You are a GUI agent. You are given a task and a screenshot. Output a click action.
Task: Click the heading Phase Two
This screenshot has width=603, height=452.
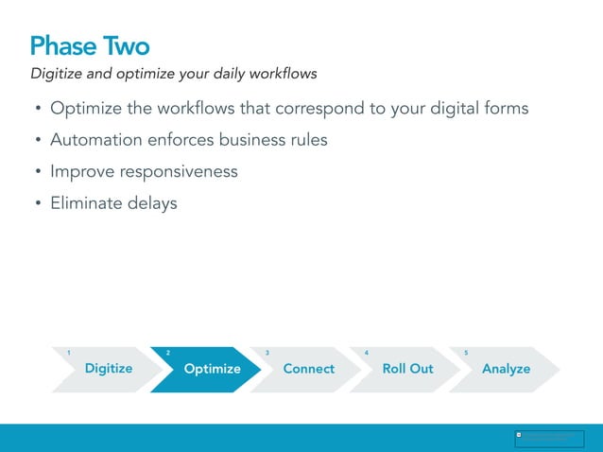click(x=90, y=45)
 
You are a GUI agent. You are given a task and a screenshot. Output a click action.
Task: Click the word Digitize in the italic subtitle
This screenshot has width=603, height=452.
click(x=58, y=74)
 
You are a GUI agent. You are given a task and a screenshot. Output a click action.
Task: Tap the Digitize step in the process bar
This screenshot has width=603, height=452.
click(x=109, y=369)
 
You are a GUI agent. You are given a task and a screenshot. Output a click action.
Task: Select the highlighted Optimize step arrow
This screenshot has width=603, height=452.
click(x=212, y=369)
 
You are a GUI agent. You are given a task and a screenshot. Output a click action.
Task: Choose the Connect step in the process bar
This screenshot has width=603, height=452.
click(x=309, y=369)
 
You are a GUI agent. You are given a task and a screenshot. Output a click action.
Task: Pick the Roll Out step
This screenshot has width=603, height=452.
click(x=407, y=369)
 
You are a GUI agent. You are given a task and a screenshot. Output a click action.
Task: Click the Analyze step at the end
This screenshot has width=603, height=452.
click(x=507, y=369)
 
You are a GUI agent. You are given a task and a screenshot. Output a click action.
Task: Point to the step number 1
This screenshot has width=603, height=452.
click(x=68, y=353)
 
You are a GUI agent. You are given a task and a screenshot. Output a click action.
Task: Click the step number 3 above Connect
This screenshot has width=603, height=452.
click(x=267, y=353)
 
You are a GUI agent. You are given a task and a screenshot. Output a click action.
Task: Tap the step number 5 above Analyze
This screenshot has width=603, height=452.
click(x=466, y=353)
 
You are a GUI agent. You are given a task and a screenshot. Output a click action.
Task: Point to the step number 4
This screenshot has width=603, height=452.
click(x=367, y=353)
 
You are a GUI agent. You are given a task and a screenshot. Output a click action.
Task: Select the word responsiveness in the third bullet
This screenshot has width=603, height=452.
click(x=179, y=171)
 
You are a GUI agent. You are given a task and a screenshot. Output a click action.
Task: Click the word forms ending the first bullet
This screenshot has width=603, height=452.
click(x=506, y=109)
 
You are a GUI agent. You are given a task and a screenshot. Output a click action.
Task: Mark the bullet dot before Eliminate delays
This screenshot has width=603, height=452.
click(x=38, y=203)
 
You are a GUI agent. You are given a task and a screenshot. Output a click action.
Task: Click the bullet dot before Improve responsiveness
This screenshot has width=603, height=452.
click(x=38, y=172)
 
